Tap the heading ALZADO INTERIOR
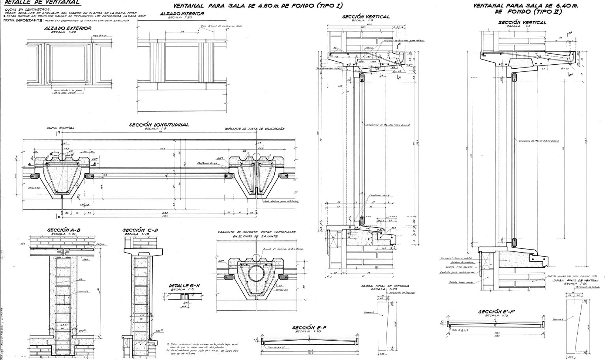182,14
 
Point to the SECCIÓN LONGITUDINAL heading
159,125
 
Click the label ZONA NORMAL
60,128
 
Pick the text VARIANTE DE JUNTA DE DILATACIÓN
254,129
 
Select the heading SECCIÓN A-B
64,230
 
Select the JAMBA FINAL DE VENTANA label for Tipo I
385,286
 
